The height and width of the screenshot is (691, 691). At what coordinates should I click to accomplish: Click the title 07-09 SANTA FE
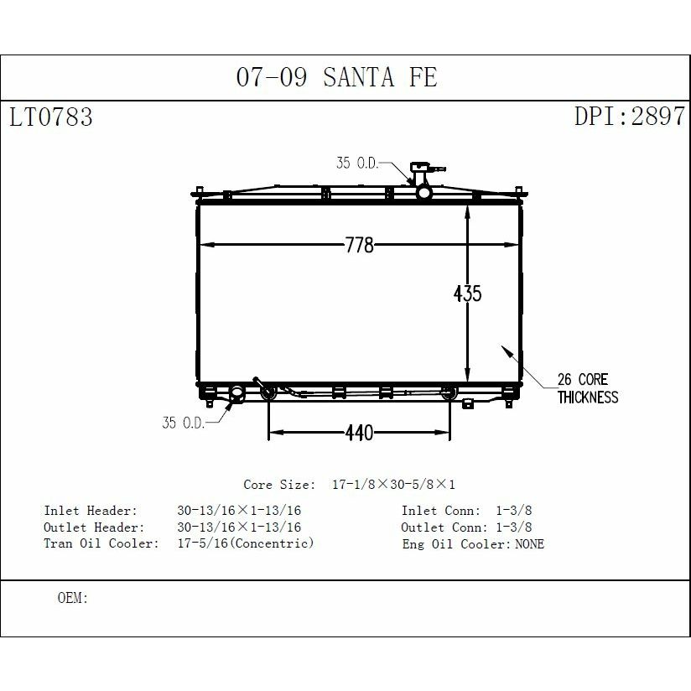(x=336, y=77)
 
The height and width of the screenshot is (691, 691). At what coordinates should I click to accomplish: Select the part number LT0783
(x=51, y=117)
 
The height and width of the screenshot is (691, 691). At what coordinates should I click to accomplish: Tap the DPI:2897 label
(x=630, y=116)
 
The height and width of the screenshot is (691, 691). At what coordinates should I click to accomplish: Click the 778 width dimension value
(x=360, y=245)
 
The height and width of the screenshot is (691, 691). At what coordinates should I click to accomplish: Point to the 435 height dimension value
(x=468, y=294)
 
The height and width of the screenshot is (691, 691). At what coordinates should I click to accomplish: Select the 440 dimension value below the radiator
(x=360, y=433)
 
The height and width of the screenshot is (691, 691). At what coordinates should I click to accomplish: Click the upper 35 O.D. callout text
(x=357, y=163)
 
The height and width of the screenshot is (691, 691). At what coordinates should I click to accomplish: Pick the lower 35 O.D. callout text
(x=184, y=423)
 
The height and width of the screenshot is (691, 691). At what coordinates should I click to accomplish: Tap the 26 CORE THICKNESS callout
(x=588, y=388)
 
